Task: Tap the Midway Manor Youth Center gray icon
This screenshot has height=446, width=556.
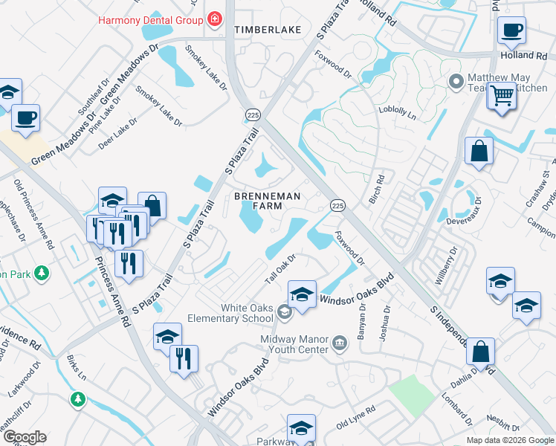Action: point(340,342)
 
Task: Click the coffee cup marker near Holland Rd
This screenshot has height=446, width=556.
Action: point(511,31)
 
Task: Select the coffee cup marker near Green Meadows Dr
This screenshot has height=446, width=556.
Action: point(25,118)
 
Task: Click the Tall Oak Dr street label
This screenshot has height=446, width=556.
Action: point(281,268)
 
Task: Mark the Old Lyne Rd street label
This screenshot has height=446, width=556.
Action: point(355,417)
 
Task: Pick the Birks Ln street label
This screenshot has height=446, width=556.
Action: point(77,368)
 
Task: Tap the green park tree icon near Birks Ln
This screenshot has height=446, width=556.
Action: point(77,400)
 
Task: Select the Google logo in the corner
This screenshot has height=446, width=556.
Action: point(24,437)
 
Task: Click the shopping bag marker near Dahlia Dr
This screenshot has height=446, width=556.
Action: point(481,352)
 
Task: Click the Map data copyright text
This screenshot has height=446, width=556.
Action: point(510,440)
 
